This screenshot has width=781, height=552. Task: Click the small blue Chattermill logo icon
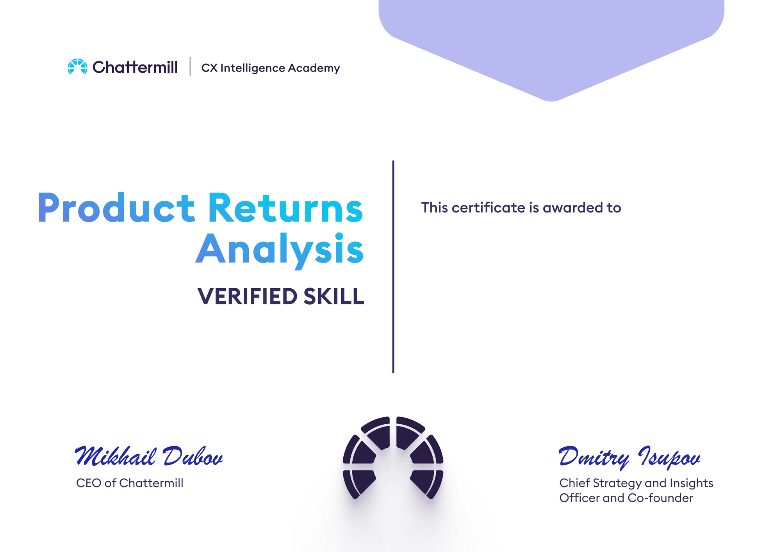[77, 66]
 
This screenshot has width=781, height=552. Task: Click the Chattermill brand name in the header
[135, 67]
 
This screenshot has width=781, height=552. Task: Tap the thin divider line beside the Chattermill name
[190, 66]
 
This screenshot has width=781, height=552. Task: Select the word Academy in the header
[314, 68]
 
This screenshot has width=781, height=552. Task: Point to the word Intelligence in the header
[253, 68]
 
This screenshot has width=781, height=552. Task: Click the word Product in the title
[116, 208]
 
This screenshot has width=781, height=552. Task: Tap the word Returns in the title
[285, 208]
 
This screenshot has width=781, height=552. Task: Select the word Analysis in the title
[280, 249]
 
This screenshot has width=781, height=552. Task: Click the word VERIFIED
[248, 296]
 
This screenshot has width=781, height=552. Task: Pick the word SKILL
[334, 296]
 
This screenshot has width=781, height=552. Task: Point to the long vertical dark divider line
[393, 266]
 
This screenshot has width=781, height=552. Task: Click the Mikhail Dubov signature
[149, 456]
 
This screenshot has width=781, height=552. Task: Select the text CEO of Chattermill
[130, 483]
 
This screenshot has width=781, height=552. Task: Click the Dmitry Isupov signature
[629, 457]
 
